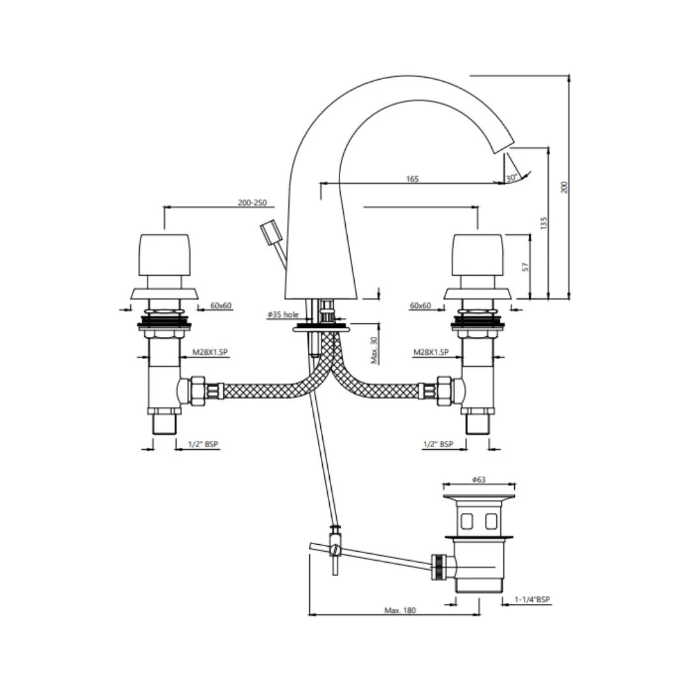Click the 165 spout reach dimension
[412, 179]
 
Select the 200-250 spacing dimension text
[252, 203]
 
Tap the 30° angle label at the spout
[512, 179]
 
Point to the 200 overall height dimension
[564, 186]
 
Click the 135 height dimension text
[544, 223]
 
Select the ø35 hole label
[283, 315]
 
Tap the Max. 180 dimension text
[400, 611]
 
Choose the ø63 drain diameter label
[478, 480]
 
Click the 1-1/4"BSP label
[531, 600]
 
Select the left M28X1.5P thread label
[211, 352]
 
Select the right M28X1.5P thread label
[431, 352]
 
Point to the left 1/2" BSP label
[204, 444]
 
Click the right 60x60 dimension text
[420, 306]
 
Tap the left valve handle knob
[164, 254]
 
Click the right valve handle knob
[478, 254]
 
